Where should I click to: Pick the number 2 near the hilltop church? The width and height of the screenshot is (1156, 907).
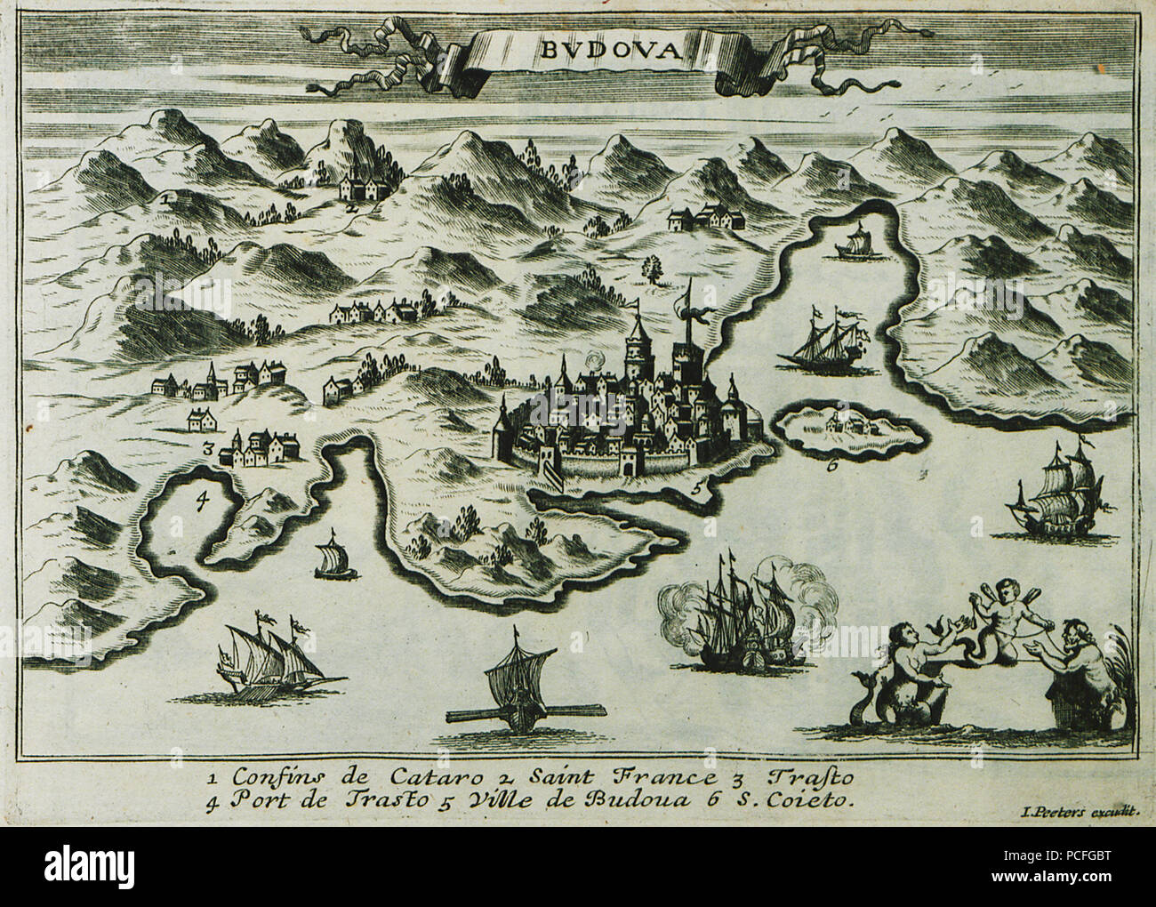click(353, 205)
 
